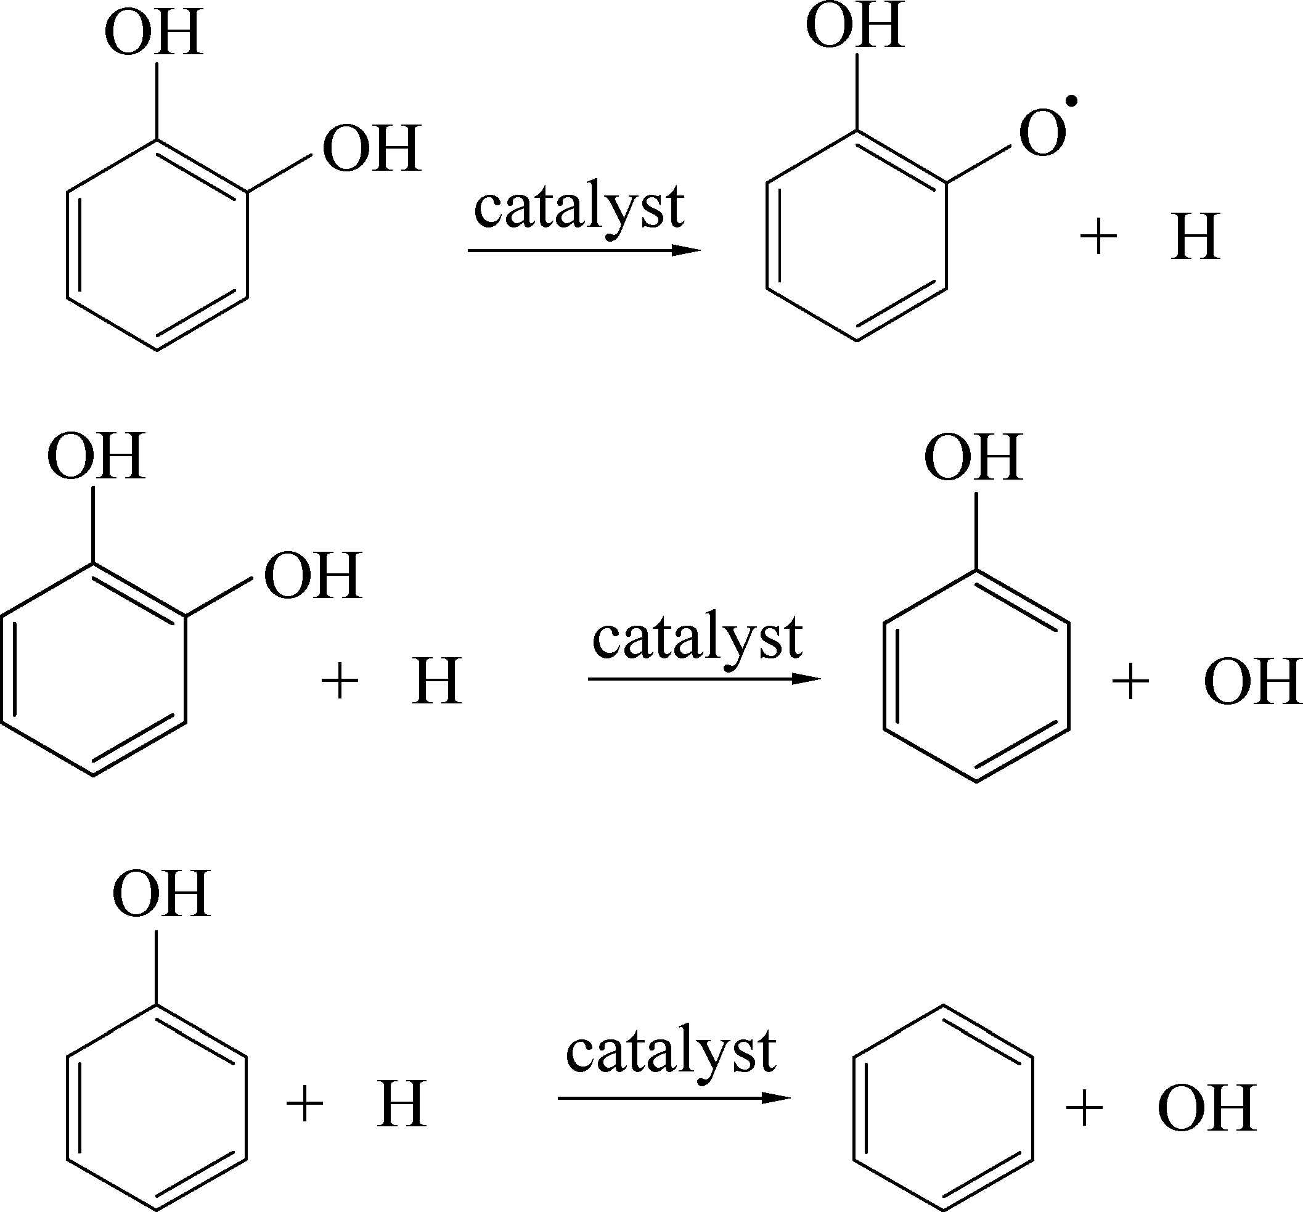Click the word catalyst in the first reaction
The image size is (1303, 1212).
tap(579, 208)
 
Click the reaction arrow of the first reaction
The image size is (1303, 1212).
tap(583, 250)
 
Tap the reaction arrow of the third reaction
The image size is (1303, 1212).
tap(674, 1098)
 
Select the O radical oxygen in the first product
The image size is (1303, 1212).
tap(1042, 134)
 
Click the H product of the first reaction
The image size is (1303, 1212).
tap(1195, 237)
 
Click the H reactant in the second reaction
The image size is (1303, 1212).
tap(436, 682)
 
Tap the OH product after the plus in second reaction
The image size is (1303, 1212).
tap(1252, 682)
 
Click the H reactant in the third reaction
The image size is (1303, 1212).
tap(401, 1105)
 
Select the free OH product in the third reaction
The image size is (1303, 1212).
tap(1207, 1108)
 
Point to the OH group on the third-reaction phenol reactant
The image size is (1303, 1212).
tap(161, 893)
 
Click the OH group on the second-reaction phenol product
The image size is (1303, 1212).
tap(973, 457)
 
